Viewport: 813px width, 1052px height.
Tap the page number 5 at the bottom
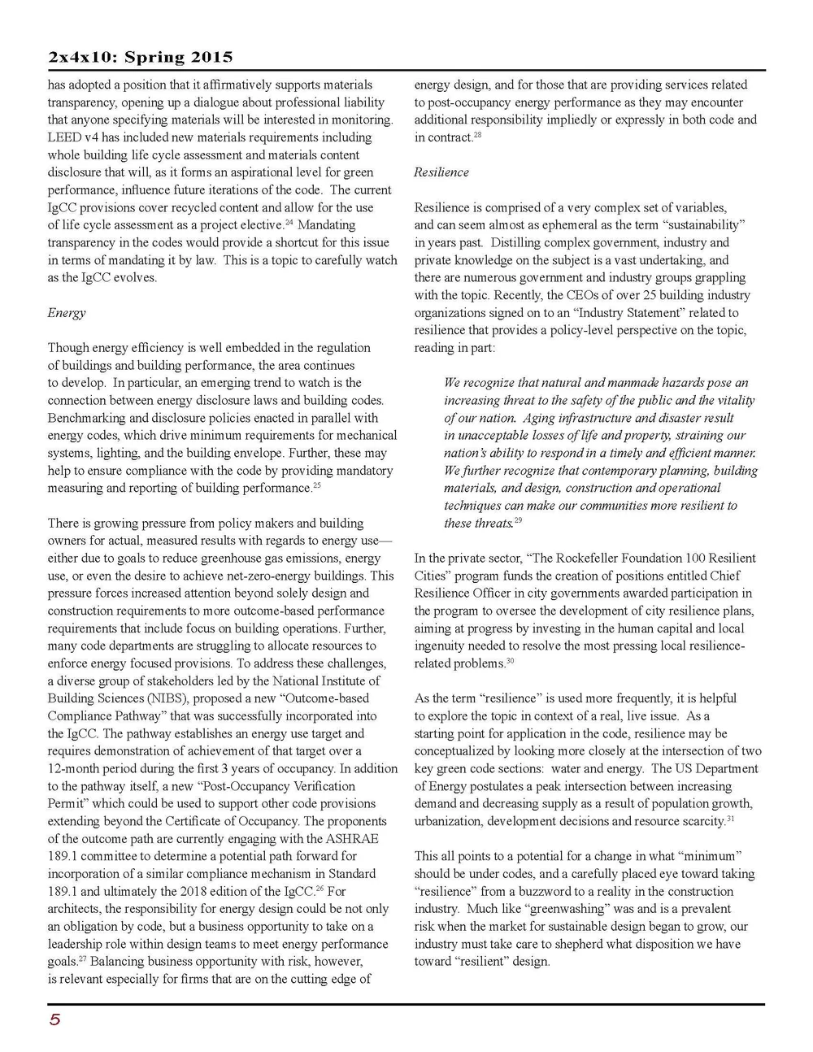click(54, 1020)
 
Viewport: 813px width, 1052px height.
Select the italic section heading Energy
click(66, 313)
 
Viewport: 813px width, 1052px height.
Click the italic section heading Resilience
click(441, 172)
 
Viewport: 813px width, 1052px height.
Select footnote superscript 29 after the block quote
click(518, 520)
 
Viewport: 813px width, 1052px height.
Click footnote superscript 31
click(730, 819)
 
